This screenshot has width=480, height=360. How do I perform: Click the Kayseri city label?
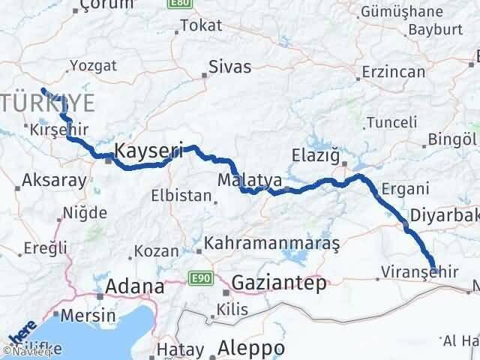[x=148, y=150]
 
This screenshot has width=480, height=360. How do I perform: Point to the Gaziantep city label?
[x=279, y=283]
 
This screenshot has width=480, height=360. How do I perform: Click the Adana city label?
[x=136, y=286]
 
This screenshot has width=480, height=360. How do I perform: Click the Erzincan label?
[x=393, y=73]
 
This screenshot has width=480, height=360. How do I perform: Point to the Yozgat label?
[x=92, y=65]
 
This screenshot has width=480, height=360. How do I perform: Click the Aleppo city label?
[x=250, y=348]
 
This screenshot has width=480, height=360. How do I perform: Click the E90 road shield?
[x=199, y=278]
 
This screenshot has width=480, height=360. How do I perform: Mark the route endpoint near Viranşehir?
[x=434, y=266]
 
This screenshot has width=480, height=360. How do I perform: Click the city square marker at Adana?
[x=98, y=294]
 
